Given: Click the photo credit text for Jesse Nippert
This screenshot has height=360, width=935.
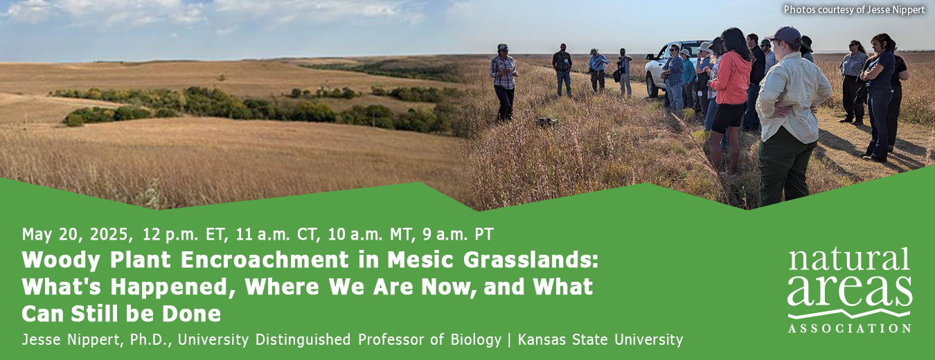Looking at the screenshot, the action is pos(854,10).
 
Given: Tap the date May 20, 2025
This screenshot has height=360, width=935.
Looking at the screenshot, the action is pos(75,235).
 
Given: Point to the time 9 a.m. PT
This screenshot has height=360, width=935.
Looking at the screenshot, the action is pos(458,235).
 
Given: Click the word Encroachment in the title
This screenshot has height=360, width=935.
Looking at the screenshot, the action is pos(265,260).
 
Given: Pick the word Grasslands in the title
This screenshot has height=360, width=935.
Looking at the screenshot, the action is pos(531,260).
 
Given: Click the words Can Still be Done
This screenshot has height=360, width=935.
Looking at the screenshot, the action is pos(121,314).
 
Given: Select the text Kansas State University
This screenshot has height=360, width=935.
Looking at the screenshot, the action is pos(600,339).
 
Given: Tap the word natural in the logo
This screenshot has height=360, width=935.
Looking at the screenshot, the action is pos(849,260).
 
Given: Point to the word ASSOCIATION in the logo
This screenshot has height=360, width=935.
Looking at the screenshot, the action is pos(849,328).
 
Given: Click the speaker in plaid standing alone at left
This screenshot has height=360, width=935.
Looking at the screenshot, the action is pos(504,82).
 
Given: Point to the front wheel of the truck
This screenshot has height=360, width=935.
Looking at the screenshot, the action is pos(652,86).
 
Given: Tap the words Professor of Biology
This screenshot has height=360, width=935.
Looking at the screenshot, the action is pos(429,339).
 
